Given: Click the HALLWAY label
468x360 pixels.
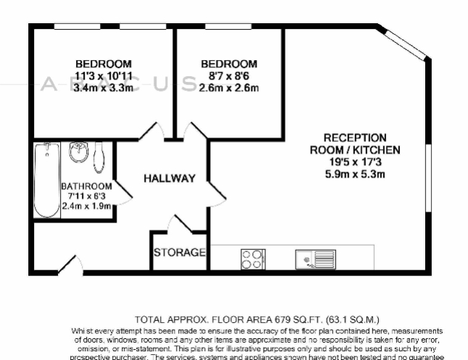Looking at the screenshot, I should (169, 178).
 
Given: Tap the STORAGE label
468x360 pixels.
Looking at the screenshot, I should (179, 253).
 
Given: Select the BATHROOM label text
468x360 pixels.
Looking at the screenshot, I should (86, 186).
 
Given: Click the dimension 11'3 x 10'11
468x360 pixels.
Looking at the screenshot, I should (104, 75).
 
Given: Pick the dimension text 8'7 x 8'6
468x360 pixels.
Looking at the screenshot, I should (229, 75).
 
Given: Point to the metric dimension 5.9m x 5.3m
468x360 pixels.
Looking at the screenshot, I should (354, 174).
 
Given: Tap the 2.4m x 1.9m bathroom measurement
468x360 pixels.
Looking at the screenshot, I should (86, 206).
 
